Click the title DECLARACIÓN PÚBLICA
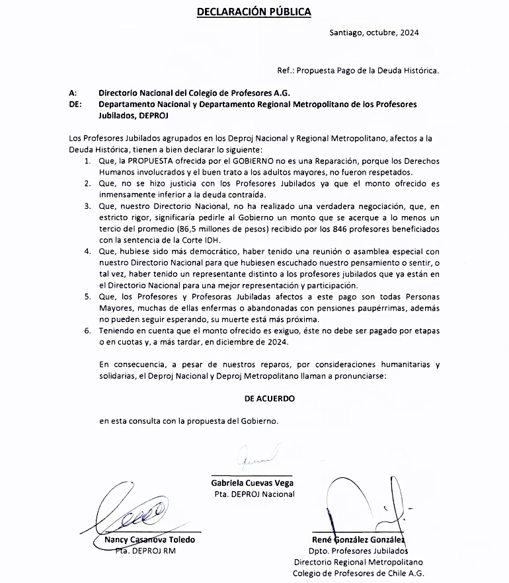coord(254,11)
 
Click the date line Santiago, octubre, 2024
coord(373,32)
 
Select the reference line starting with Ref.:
coord(358,69)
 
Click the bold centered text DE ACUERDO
coord(269,399)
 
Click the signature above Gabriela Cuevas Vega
coord(252,457)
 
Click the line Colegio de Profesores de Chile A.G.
coord(358,573)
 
